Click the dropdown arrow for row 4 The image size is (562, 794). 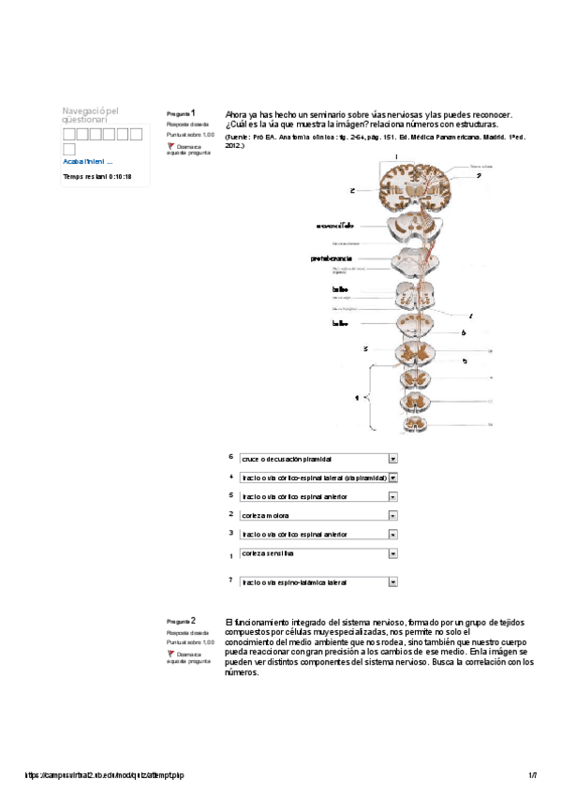(x=393, y=478)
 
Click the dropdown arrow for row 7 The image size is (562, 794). (x=393, y=581)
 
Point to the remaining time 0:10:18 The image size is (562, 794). (x=96, y=176)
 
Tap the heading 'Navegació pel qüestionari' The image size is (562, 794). (x=90, y=115)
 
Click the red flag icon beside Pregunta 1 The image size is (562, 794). (x=170, y=146)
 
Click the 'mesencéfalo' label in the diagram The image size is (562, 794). (x=334, y=226)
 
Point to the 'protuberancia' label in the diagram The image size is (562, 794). (x=332, y=258)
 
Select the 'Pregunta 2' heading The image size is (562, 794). (x=181, y=621)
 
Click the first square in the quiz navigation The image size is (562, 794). (x=68, y=134)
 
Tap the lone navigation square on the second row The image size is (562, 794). (x=68, y=149)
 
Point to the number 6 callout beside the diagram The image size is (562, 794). (x=463, y=332)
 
